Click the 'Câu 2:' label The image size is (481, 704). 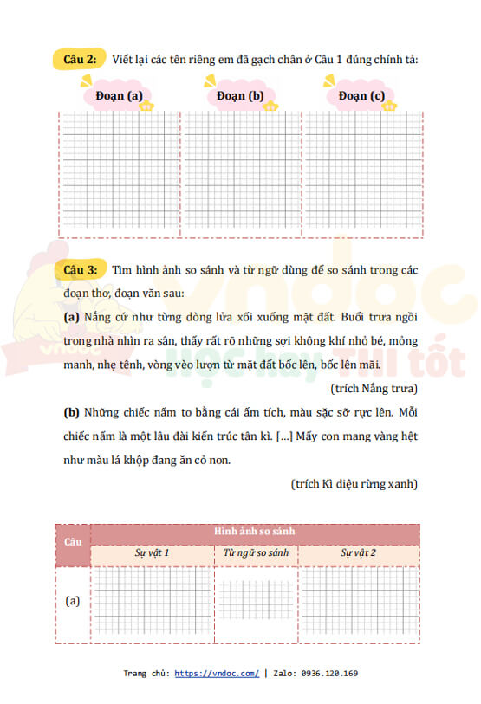pos(81,59)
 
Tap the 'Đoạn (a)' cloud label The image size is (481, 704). pos(119,96)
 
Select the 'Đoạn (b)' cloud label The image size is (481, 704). pos(240,96)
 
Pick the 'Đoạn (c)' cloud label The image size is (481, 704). pos(362,96)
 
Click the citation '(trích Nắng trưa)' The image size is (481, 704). pos(374,388)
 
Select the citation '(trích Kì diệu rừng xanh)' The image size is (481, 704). pos(354,483)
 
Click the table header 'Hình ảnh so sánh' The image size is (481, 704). pos(255,531)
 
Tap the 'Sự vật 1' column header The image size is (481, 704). pos(152,552)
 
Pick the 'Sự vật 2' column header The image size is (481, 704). pos(358,552)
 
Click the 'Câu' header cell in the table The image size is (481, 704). pos(72,541)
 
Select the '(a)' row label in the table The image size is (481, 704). pos(73,600)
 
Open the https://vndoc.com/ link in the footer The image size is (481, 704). pos(217,673)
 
